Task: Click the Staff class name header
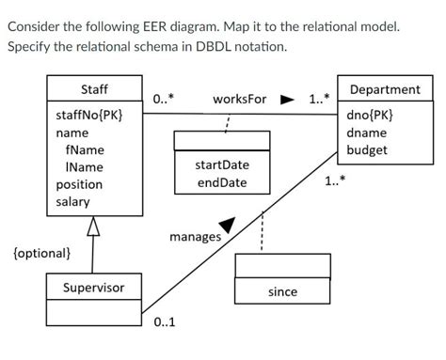click(94, 89)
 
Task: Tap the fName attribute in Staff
click(85, 150)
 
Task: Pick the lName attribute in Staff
click(85, 167)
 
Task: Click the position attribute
click(79, 184)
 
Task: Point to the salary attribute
click(72, 201)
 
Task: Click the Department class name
click(385, 90)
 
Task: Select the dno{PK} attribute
click(370, 116)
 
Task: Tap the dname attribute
click(366, 133)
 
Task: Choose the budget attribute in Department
click(367, 149)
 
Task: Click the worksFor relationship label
click(240, 99)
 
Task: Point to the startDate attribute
click(222, 165)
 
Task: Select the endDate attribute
click(222, 182)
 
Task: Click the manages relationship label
click(195, 237)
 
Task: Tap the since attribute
click(282, 292)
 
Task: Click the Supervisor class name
click(93, 287)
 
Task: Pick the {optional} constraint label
click(41, 253)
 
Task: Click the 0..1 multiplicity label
click(164, 323)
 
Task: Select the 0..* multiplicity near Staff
click(164, 98)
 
